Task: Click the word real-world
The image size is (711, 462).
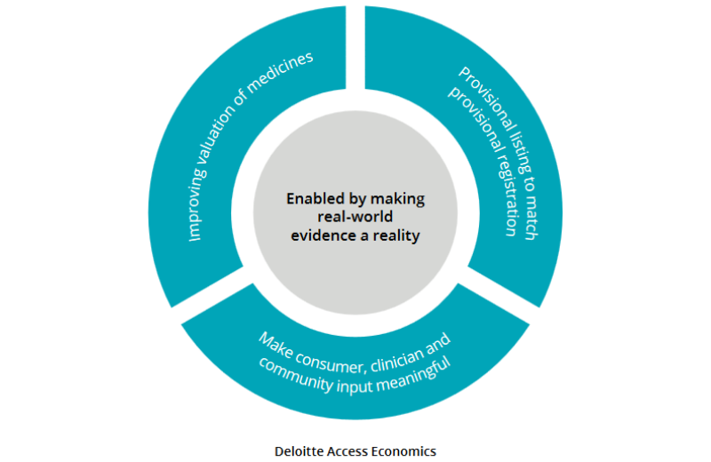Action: pos(355,217)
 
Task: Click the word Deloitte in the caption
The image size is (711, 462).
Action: pos(300,450)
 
